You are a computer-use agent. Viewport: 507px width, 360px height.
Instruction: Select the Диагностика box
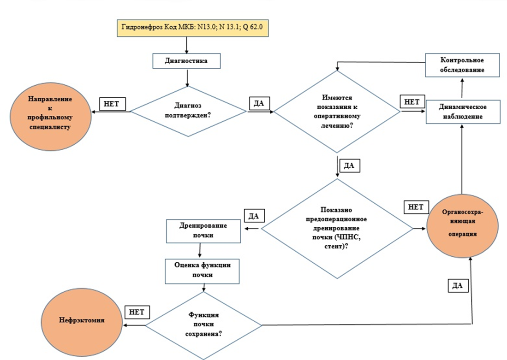coord(186,60)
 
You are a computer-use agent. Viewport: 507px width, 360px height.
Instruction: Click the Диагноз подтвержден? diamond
coord(188,111)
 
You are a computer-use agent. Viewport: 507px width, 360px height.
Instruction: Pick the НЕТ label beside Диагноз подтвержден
coord(111,104)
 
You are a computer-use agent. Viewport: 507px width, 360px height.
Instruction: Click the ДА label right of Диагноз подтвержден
coord(259,102)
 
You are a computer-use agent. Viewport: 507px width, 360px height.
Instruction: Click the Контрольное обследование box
coord(462,65)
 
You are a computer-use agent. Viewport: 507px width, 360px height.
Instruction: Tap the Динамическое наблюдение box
coord(462,112)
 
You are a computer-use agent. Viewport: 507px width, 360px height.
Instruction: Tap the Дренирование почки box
coord(203,230)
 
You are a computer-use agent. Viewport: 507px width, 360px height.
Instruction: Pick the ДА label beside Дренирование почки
coord(253,215)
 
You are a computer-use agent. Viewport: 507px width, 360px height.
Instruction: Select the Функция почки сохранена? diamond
coord(203,325)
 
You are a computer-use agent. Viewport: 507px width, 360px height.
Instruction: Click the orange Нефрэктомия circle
coord(75,319)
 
